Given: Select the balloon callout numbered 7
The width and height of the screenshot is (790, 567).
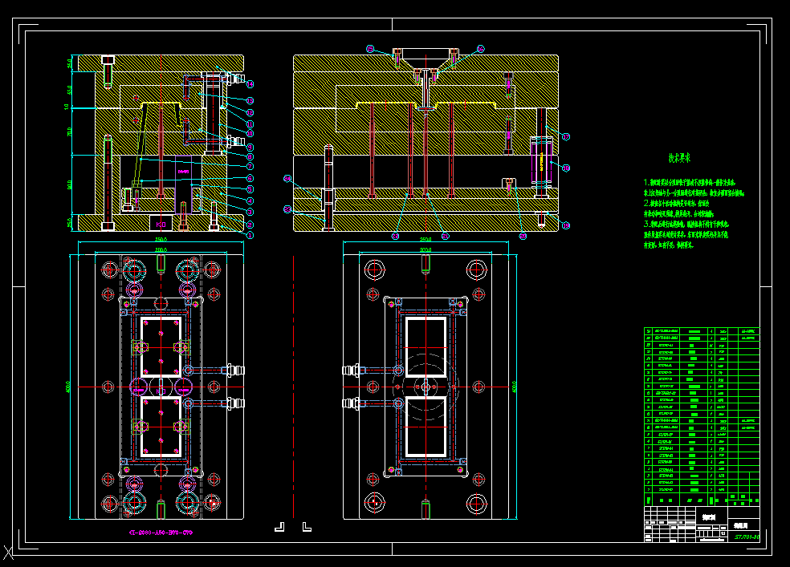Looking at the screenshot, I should click(250, 166).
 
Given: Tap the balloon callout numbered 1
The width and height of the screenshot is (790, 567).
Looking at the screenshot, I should click(250, 235).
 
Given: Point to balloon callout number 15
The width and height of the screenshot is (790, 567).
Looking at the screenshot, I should click(370, 49).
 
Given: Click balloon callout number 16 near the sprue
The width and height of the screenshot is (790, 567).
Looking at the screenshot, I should click(481, 49).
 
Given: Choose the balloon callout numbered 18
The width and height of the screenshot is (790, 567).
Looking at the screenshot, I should click(566, 168).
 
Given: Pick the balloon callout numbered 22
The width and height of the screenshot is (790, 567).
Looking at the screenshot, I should click(395, 236).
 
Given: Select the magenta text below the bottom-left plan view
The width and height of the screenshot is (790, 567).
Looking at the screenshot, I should click(161, 533).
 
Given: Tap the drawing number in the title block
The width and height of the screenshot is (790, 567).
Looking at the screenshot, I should click(747, 536).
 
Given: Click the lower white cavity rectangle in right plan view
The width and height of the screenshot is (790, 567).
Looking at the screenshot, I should click(426, 427).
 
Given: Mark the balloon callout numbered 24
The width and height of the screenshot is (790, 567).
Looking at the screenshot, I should click(287, 178).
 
